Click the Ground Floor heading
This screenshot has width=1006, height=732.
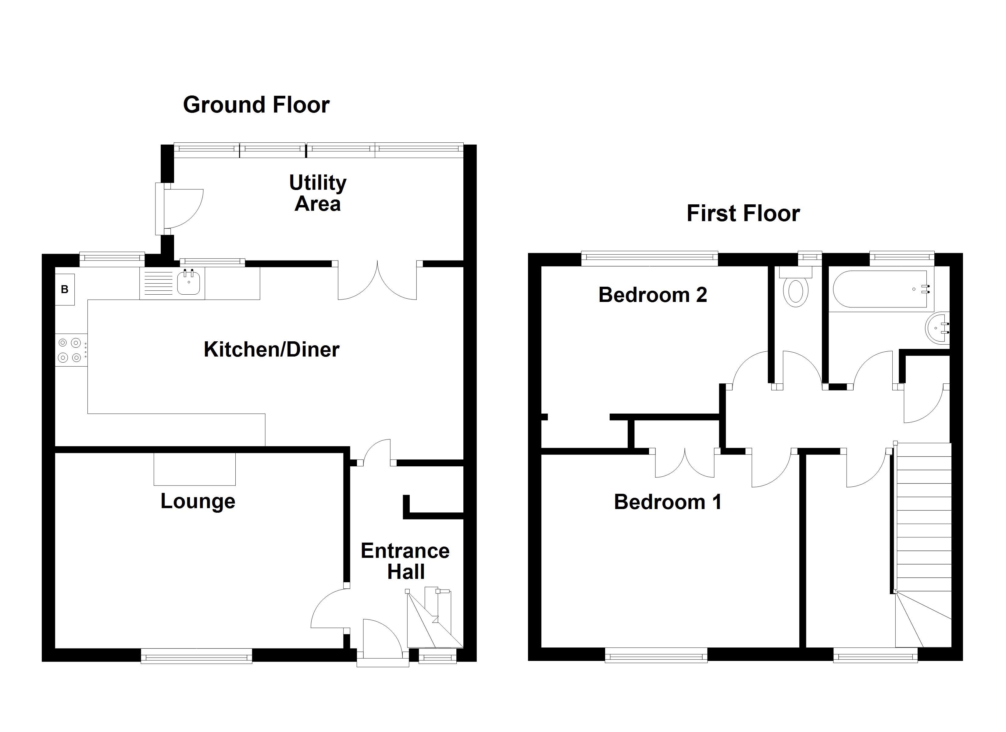pyautogui.click(x=256, y=105)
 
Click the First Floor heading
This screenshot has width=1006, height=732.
pyautogui.click(x=743, y=213)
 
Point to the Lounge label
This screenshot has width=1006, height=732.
pyautogui.click(x=198, y=501)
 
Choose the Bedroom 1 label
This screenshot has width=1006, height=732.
pyautogui.click(x=668, y=502)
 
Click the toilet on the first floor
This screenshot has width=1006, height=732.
pyautogui.click(x=796, y=291)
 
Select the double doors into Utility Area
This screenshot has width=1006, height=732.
pyautogui.click(x=377, y=282)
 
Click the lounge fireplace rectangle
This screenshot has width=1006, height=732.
pyautogui.click(x=194, y=469)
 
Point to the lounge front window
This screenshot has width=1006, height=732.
pyautogui.click(x=197, y=656)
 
